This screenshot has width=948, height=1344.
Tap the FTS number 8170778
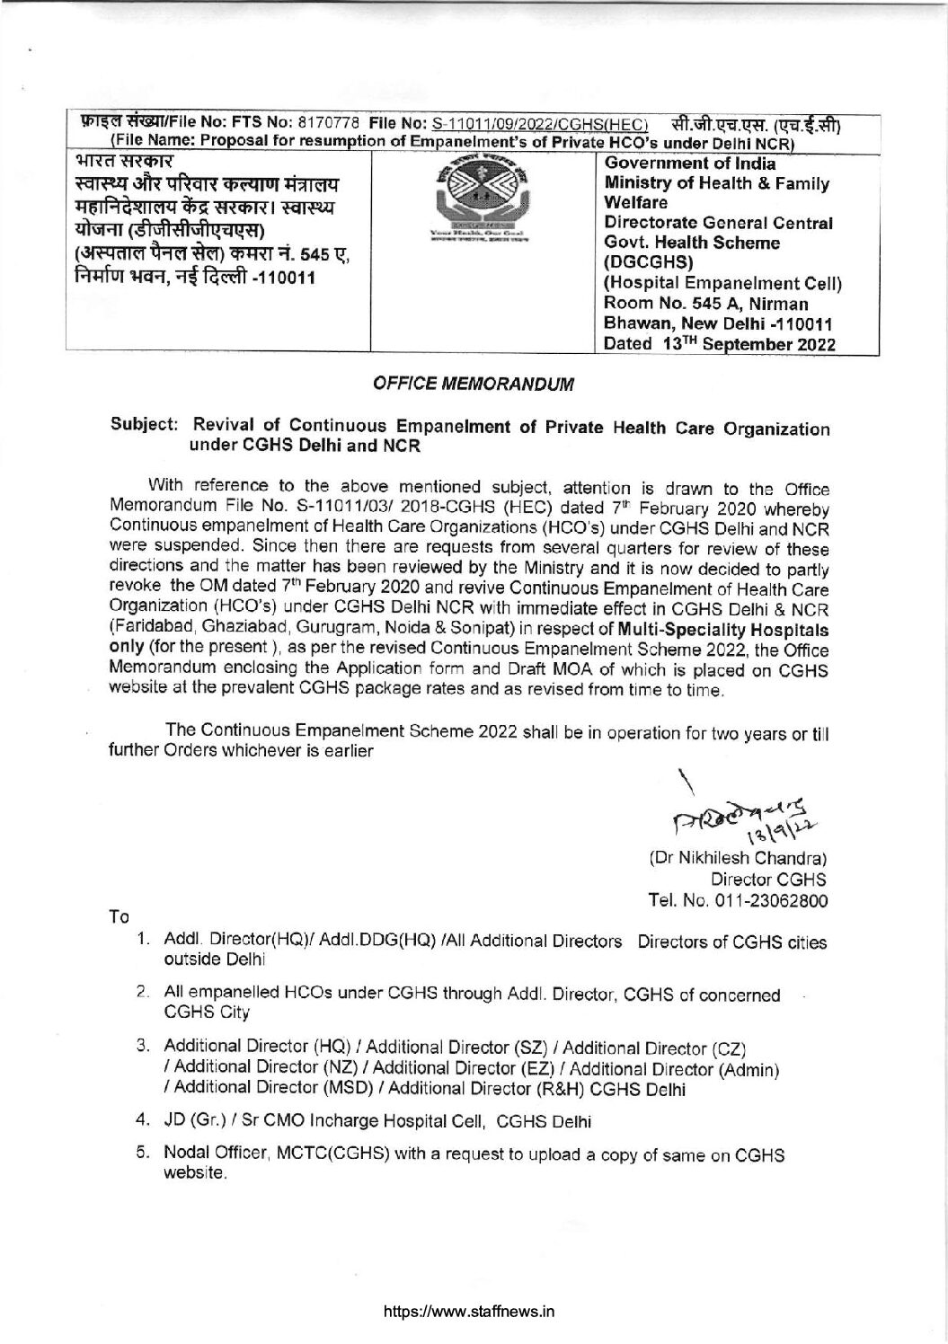click(332, 122)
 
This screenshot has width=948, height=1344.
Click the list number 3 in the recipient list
click(142, 1047)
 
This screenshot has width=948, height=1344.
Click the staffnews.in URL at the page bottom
click(468, 1311)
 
